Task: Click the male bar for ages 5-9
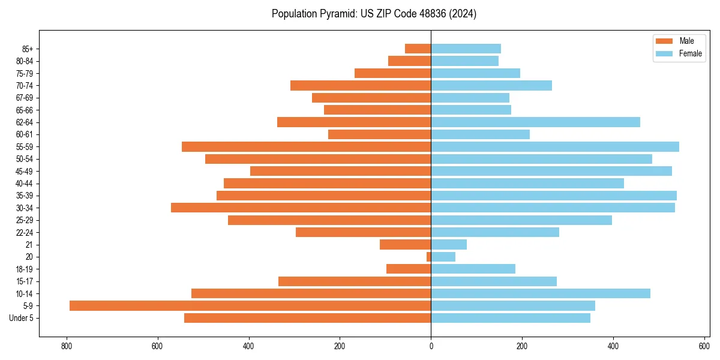[x=250, y=305]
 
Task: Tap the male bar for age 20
[x=428, y=257]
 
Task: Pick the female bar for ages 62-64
[x=535, y=122]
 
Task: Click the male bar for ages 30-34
[x=301, y=208]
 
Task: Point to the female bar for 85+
[x=466, y=49]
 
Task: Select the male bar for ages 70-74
[x=361, y=85]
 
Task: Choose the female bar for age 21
[x=449, y=244]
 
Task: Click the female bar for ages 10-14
[x=541, y=293]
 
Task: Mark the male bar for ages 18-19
[x=409, y=269]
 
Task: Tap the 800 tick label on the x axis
[x=66, y=346]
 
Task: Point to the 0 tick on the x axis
[x=431, y=346]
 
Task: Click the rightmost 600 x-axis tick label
[x=704, y=346]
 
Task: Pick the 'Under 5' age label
[x=22, y=318]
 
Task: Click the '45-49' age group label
[x=25, y=171]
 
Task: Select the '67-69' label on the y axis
[x=25, y=98]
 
